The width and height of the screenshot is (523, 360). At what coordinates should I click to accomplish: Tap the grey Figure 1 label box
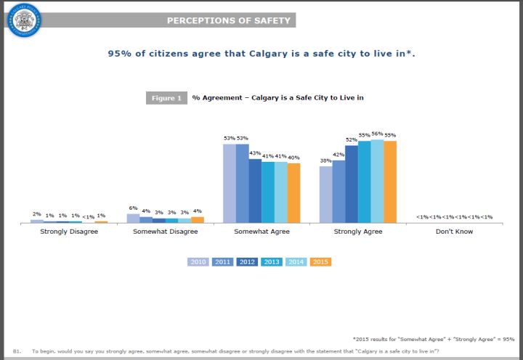pos(166,98)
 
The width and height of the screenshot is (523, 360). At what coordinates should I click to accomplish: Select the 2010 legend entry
pos(198,262)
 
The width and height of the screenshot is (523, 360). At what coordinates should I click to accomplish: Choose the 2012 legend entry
pos(247,262)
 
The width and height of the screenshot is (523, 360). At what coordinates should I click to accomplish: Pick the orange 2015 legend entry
pos(320,262)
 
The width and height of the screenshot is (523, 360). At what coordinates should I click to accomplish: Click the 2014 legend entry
pos(296,262)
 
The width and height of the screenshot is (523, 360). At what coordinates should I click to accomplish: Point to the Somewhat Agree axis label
pos(261,232)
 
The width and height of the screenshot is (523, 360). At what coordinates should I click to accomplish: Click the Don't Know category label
pos(454,232)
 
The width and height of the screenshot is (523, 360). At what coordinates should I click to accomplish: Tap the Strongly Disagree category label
pos(69,232)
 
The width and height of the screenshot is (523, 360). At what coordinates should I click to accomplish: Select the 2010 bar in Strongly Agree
pos(325,194)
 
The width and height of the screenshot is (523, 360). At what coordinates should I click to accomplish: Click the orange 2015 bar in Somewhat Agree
pos(293,192)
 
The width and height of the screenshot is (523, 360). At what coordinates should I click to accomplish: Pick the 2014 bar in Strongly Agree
pos(377,181)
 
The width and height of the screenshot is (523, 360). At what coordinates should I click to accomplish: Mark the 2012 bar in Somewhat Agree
pos(255,190)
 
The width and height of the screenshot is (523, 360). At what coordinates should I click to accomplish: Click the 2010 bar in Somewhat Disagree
pos(133,218)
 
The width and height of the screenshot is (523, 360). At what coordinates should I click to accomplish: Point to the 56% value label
pos(377,134)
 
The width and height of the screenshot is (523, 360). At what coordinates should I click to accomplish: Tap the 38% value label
pos(325,160)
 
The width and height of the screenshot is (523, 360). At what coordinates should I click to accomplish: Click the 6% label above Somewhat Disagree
pos(133,208)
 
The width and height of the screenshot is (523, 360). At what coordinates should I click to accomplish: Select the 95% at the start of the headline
pos(119,54)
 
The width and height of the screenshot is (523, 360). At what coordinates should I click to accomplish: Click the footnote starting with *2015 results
pos(433,338)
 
